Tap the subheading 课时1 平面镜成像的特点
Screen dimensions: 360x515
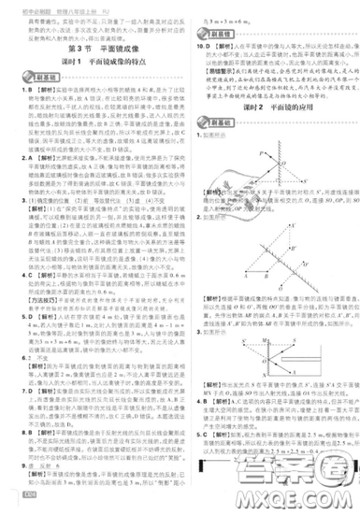(x=89, y=58)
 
